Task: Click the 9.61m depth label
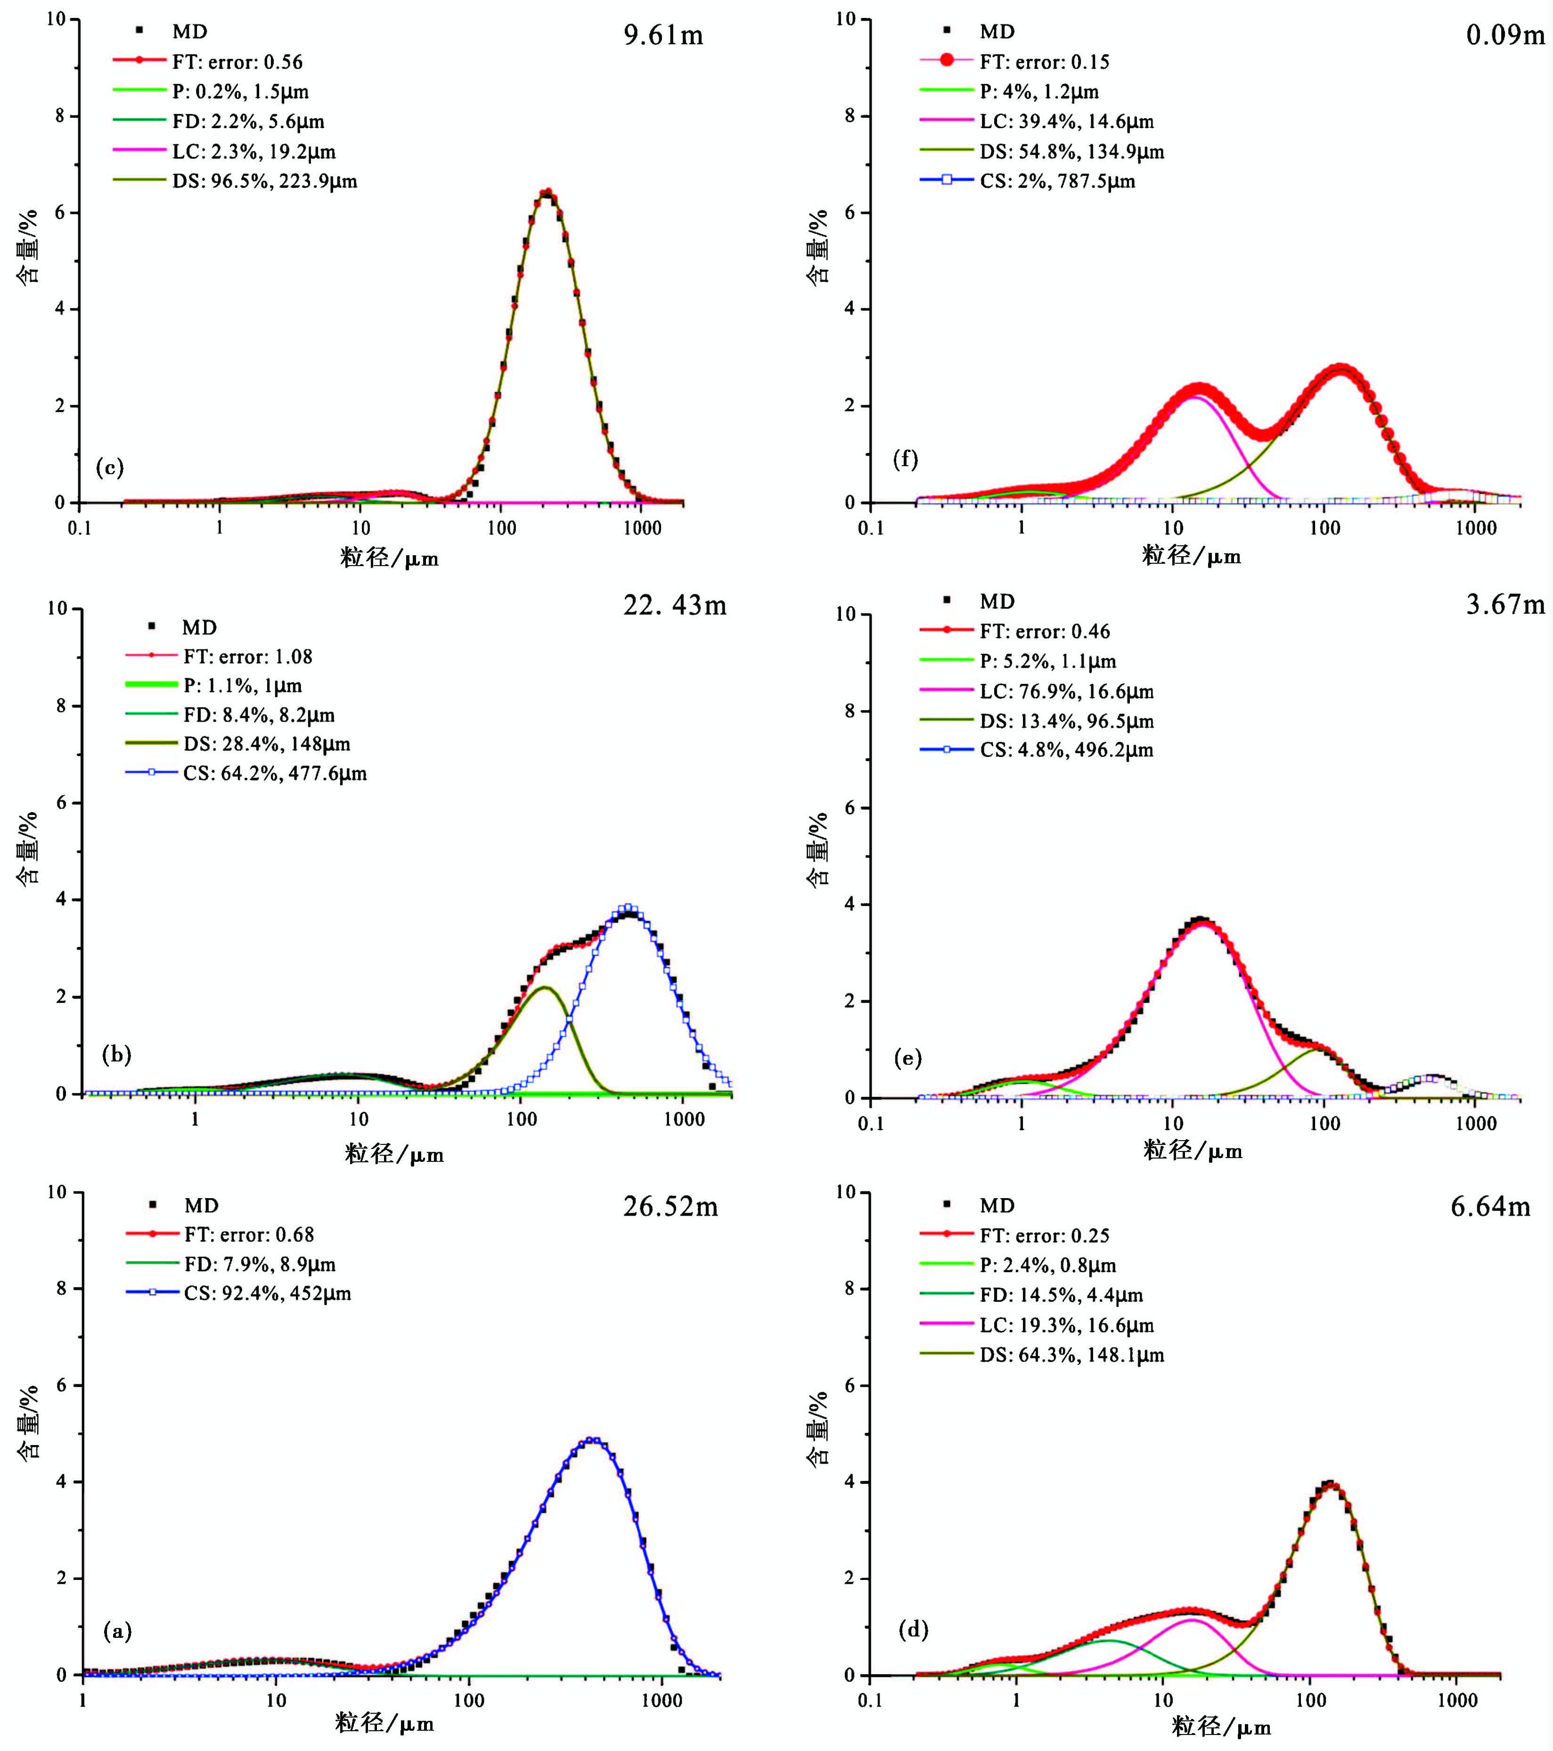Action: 663,35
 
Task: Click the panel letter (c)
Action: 110,467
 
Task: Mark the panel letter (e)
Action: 907,1058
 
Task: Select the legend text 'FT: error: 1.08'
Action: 247,657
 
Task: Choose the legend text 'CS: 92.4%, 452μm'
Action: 267,1293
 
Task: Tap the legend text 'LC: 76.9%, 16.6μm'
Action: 1066,691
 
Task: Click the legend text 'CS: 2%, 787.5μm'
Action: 1057,181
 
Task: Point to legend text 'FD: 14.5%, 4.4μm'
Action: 1061,1295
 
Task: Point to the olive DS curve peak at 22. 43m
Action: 545,988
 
